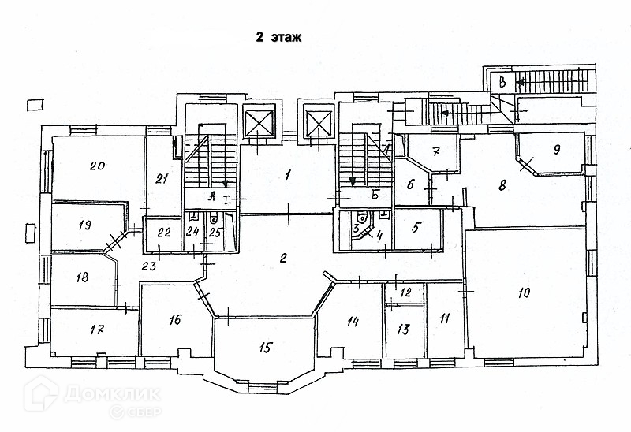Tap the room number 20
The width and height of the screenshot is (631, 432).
coord(98,166)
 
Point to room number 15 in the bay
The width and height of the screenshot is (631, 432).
coord(265,346)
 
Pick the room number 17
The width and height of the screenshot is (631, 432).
coord(98,330)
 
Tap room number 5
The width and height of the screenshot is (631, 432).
coord(418,225)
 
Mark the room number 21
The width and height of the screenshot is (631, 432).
coord(162,179)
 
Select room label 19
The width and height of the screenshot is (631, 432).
coord(85,225)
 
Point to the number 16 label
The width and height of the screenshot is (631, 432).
coord(174,319)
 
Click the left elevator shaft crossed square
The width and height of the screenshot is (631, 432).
coord(259,124)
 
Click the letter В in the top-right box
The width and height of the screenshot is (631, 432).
coord(501,81)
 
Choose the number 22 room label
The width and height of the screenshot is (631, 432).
coord(165,233)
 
